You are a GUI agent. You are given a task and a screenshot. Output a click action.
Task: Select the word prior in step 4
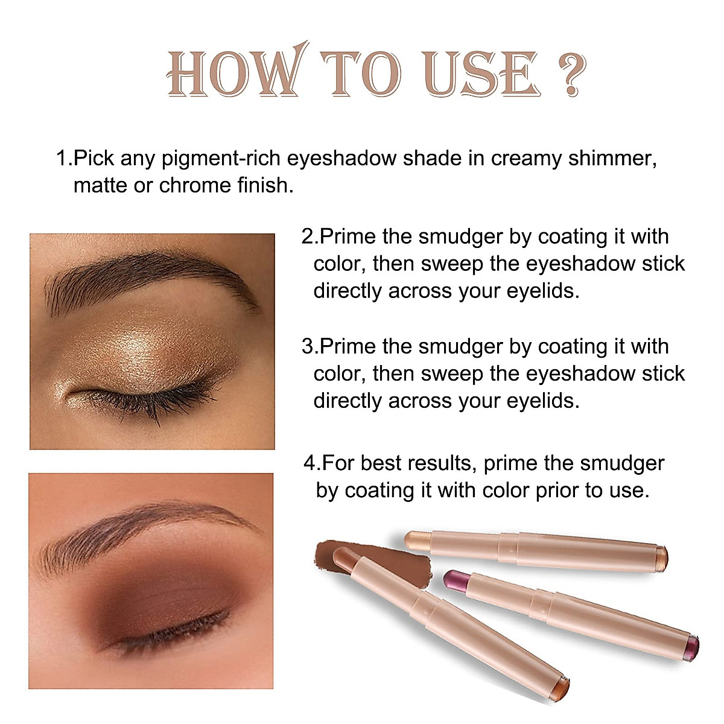click(557, 491)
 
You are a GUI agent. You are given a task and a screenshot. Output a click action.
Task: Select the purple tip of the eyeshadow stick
click(453, 580)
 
